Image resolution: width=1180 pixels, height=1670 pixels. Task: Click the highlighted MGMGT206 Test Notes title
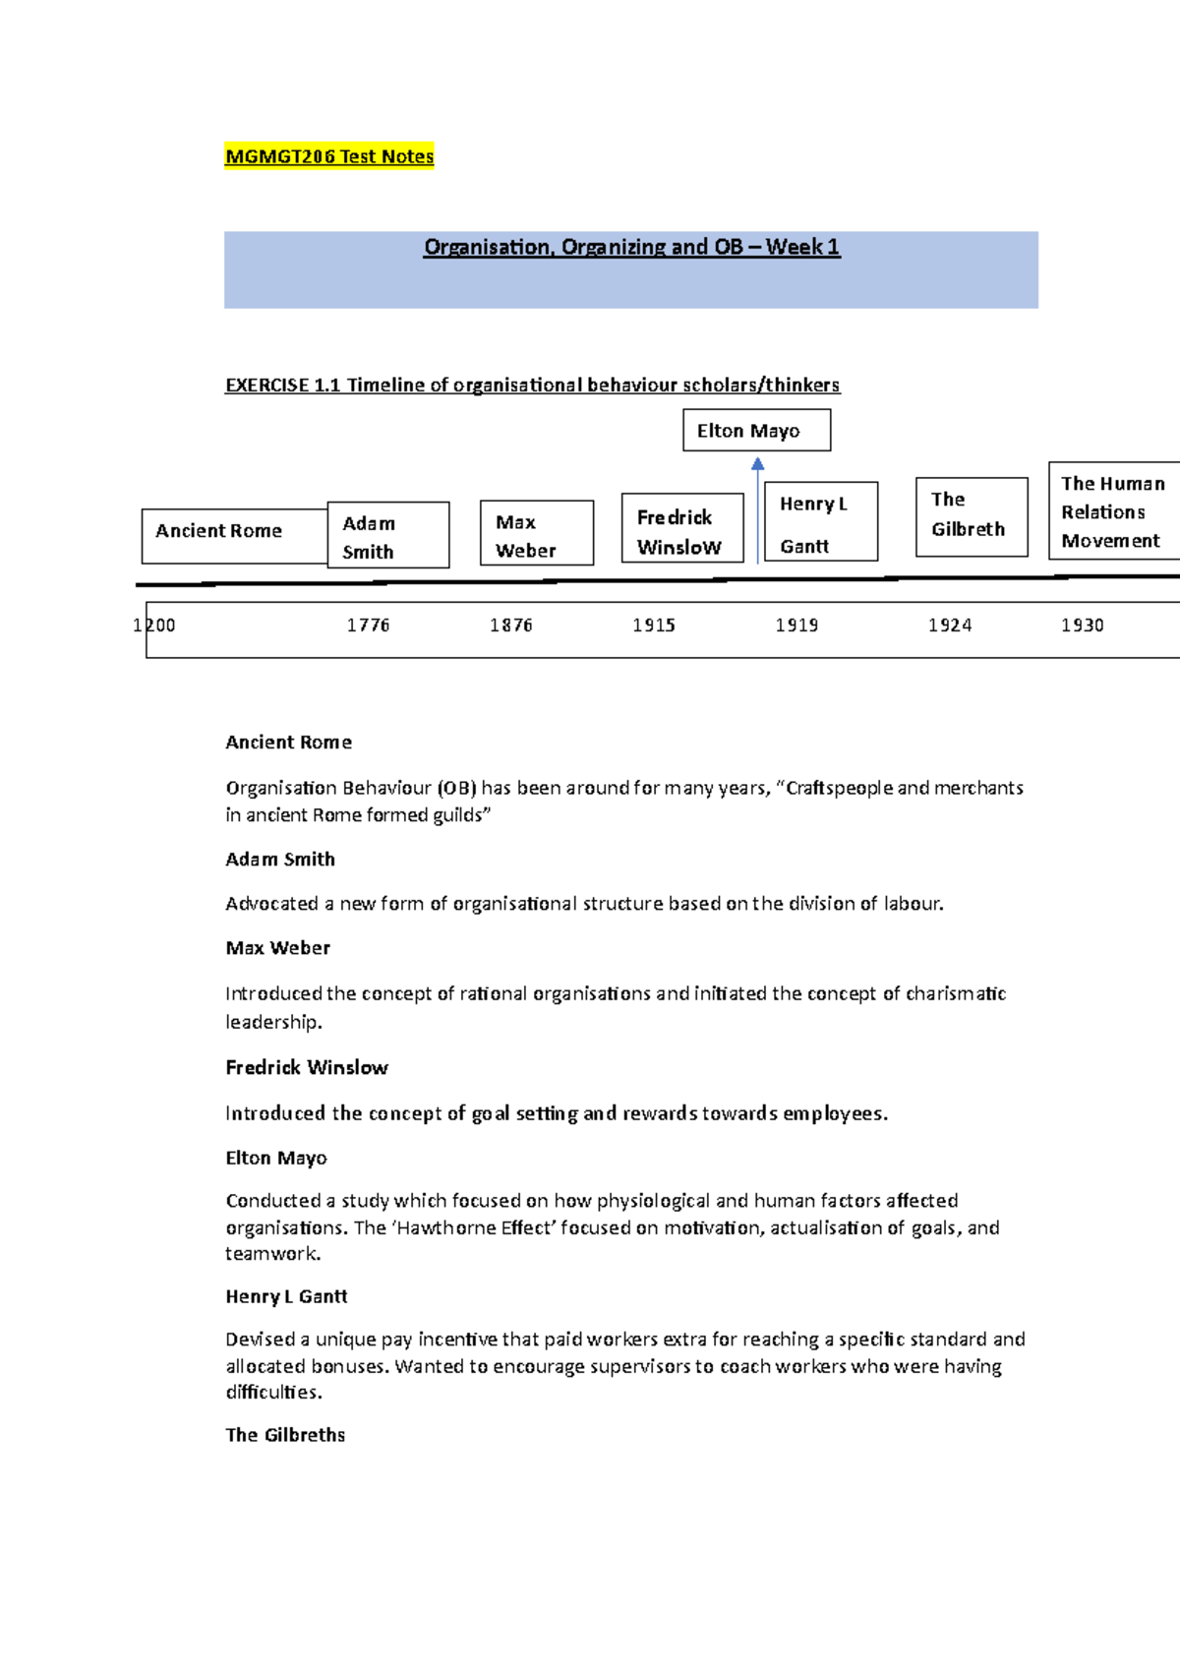pyautogui.click(x=329, y=156)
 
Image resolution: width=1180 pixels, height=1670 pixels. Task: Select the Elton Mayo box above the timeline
pyautogui.click(x=756, y=431)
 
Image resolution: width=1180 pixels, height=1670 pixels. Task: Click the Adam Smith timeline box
pyautogui.click(x=388, y=536)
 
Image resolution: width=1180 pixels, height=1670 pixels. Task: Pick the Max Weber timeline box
pyautogui.click(x=537, y=533)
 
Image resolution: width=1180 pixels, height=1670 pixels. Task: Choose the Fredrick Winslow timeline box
pyautogui.click(x=682, y=529)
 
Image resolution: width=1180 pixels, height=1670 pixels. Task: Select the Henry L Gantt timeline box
pyautogui.click(x=821, y=522)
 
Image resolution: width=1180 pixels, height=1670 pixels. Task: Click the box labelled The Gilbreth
pyautogui.click(x=972, y=516)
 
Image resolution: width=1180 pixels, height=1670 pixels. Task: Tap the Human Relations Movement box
pyautogui.click(x=1113, y=511)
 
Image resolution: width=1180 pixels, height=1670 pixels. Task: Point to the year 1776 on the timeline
pyautogui.click(x=369, y=626)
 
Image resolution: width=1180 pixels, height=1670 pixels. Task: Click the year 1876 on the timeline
pyautogui.click(x=511, y=626)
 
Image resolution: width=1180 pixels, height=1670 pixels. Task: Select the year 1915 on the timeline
pyautogui.click(x=654, y=626)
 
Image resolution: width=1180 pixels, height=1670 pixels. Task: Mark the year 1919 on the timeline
pyautogui.click(x=796, y=626)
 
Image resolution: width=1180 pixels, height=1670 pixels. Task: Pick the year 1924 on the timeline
pyautogui.click(x=950, y=626)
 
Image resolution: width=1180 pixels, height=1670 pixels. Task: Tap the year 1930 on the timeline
pyautogui.click(x=1083, y=626)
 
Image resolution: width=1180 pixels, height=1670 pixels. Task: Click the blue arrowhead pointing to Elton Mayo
pyautogui.click(x=757, y=464)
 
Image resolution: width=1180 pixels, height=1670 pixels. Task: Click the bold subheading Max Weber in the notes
pyautogui.click(x=278, y=948)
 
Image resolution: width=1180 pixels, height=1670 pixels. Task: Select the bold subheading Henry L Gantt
pyautogui.click(x=286, y=1297)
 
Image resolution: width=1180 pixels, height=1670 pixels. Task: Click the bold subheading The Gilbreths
pyautogui.click(x=285, y=1435)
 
